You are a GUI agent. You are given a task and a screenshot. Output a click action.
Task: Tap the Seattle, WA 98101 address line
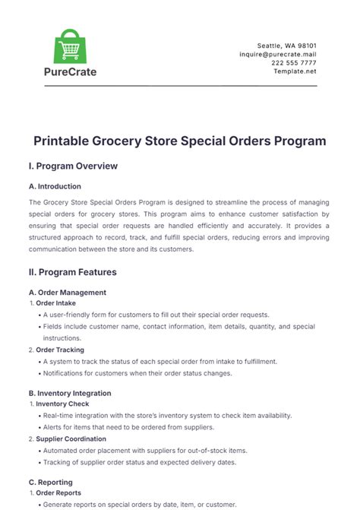tap(289, 46)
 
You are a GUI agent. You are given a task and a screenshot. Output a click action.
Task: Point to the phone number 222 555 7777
tap(294, 63)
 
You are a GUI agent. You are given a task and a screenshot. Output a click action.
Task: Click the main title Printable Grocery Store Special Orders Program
tap(180, 141)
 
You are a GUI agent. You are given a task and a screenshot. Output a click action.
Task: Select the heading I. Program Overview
tap(73, 166)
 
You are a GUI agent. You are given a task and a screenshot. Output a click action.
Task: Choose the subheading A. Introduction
tap(55, 186)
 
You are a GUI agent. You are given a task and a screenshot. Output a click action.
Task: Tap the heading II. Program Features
tap(73, 271)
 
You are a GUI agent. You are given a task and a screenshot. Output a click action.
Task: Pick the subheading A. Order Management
tap(67, 292)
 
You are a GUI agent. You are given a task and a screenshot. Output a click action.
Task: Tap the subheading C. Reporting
tap(50, 482)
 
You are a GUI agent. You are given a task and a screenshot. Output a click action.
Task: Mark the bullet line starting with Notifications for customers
tap(149, 373)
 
